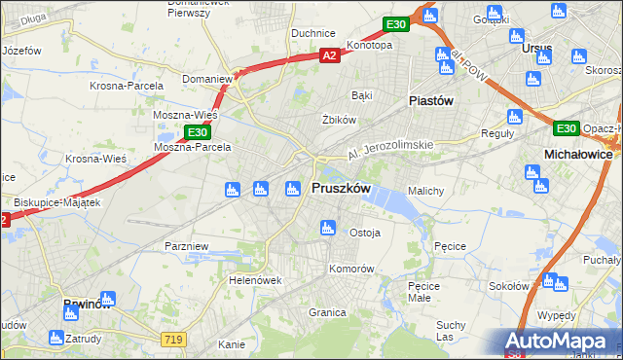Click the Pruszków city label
pos(340,189)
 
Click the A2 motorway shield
pos(330,56)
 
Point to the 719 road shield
pos(174,337)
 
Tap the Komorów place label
pos(351,268)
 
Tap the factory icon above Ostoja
pos(328,229)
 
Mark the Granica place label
pos(328,312)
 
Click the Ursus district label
pos(535,49)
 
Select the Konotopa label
pos(369,45)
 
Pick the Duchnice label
pos(312,32)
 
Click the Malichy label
pos(426,191)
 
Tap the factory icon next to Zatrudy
pos(56,339)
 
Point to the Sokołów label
pos(508,286)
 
